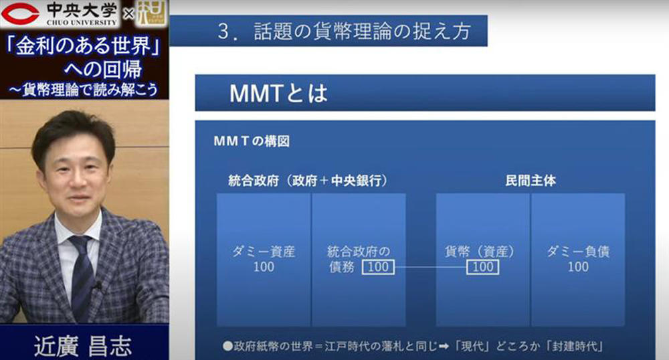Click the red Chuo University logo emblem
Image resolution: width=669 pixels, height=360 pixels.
coord(20,13)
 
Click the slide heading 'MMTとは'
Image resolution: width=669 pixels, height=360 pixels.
coord(278,93)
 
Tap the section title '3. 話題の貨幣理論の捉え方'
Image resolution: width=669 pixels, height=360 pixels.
coord(345,31)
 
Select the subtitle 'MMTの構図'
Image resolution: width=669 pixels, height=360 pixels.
coord(252,141)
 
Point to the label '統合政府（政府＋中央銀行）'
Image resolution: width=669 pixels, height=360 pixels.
coord(308,181)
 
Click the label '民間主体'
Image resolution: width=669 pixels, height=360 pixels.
coord(531,181)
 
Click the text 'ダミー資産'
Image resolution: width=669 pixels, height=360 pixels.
coord(264,252)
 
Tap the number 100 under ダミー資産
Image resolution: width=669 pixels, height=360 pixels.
coord(264,267)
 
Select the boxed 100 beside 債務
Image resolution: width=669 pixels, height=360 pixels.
coord(379,267)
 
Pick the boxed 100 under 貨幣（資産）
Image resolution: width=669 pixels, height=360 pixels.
coord(482,267)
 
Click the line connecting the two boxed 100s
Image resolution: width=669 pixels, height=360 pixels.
coord(430,268)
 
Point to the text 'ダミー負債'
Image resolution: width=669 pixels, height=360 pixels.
coord(578,252)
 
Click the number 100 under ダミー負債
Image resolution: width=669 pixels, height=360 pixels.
coord(578,267)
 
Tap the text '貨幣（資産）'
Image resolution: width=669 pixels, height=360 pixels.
coord(480,252)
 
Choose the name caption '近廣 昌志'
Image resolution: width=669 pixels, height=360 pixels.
coord(83,346)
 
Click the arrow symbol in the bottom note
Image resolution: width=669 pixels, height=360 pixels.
coord(444,347)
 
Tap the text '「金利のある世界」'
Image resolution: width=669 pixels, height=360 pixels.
coord(84,46)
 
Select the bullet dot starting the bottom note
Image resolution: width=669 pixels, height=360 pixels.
coord(227,346)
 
